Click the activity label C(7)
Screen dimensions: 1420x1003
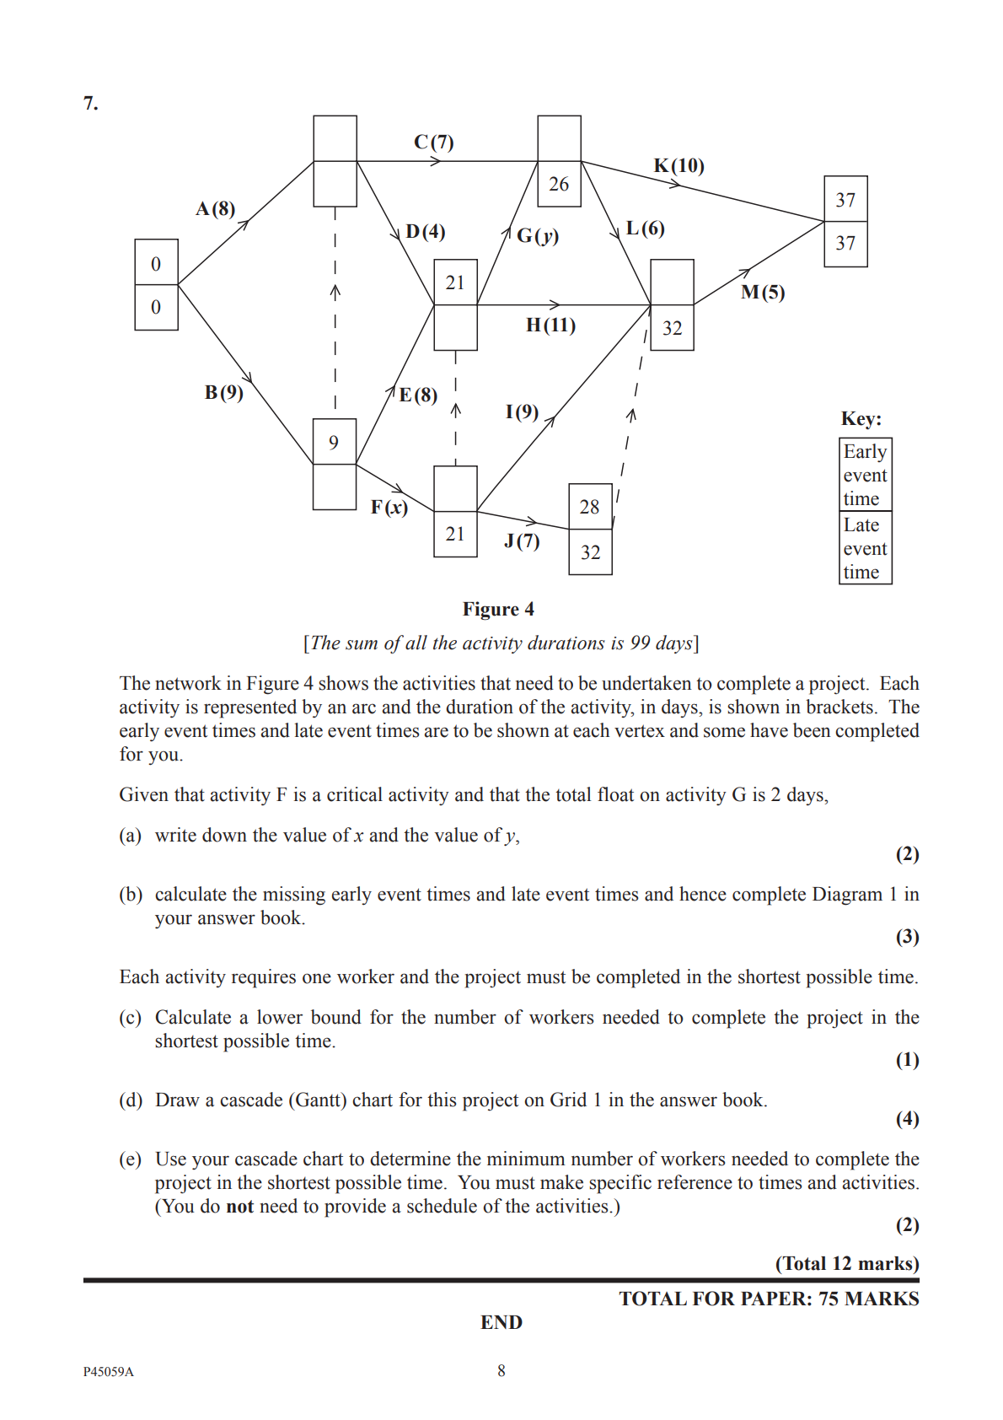tap(434, 142)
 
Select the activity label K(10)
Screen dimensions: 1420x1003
tap(678, 165)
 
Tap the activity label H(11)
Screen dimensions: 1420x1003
tap(550, 325)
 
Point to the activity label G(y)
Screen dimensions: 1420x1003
tap(538, 235)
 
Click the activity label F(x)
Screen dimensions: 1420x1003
tap(389, 507)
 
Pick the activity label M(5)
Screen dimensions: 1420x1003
tap(763, 293)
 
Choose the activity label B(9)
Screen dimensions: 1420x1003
tap(224, 392)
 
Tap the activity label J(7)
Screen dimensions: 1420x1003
tap(522, 541)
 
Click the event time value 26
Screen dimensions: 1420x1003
tap(559, 184)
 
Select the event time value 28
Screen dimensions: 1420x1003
tap(589, 507)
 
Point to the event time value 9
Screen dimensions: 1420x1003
tap(334, 443)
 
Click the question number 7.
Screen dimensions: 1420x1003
tap(91, 104)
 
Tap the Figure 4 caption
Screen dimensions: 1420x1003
tap(498, 610)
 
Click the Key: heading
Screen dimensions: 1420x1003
tap(861, 419)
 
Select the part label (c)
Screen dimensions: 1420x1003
tap(130, 1018)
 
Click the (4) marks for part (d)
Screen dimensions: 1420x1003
tap(907, 1119)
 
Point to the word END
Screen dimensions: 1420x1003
tap(501, 1322)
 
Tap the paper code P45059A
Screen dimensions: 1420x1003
tap(108, 1372)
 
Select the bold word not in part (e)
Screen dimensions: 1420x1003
tap(240, 1207)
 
